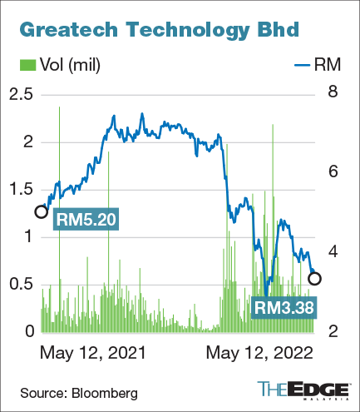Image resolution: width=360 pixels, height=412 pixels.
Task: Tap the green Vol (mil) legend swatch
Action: (x=27, y=65)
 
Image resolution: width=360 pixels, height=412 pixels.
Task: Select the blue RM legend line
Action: (x=306, y=65)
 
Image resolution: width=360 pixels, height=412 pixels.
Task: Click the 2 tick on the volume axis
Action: (x=27, y=142)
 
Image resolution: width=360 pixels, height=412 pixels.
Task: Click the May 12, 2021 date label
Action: (x=92, y=353)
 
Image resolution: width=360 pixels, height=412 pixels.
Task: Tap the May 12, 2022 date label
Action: (x=259, y=353)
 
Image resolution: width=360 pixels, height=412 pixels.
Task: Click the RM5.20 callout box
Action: (x=86, y=221)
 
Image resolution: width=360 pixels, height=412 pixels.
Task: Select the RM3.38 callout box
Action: (x=284, y=308)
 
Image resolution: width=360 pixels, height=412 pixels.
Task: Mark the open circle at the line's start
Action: (x=42, y=211)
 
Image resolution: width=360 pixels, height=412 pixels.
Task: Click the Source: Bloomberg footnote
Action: (x=80, y=391)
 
